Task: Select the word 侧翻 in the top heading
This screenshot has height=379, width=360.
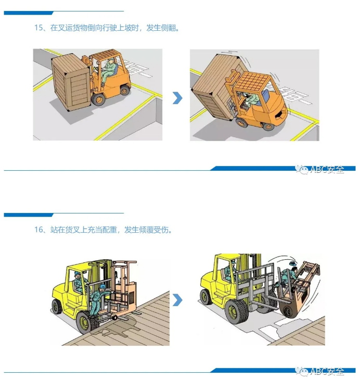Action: tap(170, 28)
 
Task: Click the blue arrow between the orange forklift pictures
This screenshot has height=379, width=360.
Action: tap(177, 98)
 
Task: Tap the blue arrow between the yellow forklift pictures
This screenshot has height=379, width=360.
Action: tap(177, 300)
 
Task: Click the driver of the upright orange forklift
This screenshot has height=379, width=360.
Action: tap(109, 70)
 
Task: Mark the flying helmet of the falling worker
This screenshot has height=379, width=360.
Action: tap(292, 264)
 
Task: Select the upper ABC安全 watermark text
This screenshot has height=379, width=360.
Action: tap(326, 169)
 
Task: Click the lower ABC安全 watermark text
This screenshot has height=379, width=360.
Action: tap(326, 371)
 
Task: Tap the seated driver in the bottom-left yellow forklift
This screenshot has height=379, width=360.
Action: tap(79, 284)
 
